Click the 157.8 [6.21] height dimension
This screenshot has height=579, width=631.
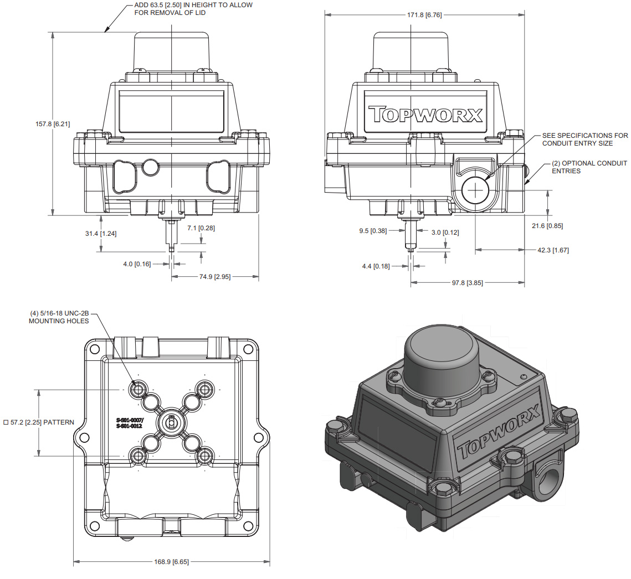[x=53, y=124]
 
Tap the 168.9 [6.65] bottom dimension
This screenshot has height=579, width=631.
[x=171, y=562]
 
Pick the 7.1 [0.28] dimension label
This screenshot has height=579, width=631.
[x=201, y=228]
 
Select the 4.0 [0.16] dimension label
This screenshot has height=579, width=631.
[x=137, y=264]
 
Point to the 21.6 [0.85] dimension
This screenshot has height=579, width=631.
[x=562, y=225]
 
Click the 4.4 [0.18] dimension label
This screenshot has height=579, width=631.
[x=376, y=266]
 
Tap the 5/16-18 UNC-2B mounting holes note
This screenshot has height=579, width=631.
[x=59, y=317]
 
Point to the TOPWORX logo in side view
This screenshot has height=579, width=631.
[x=425, y=114]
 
